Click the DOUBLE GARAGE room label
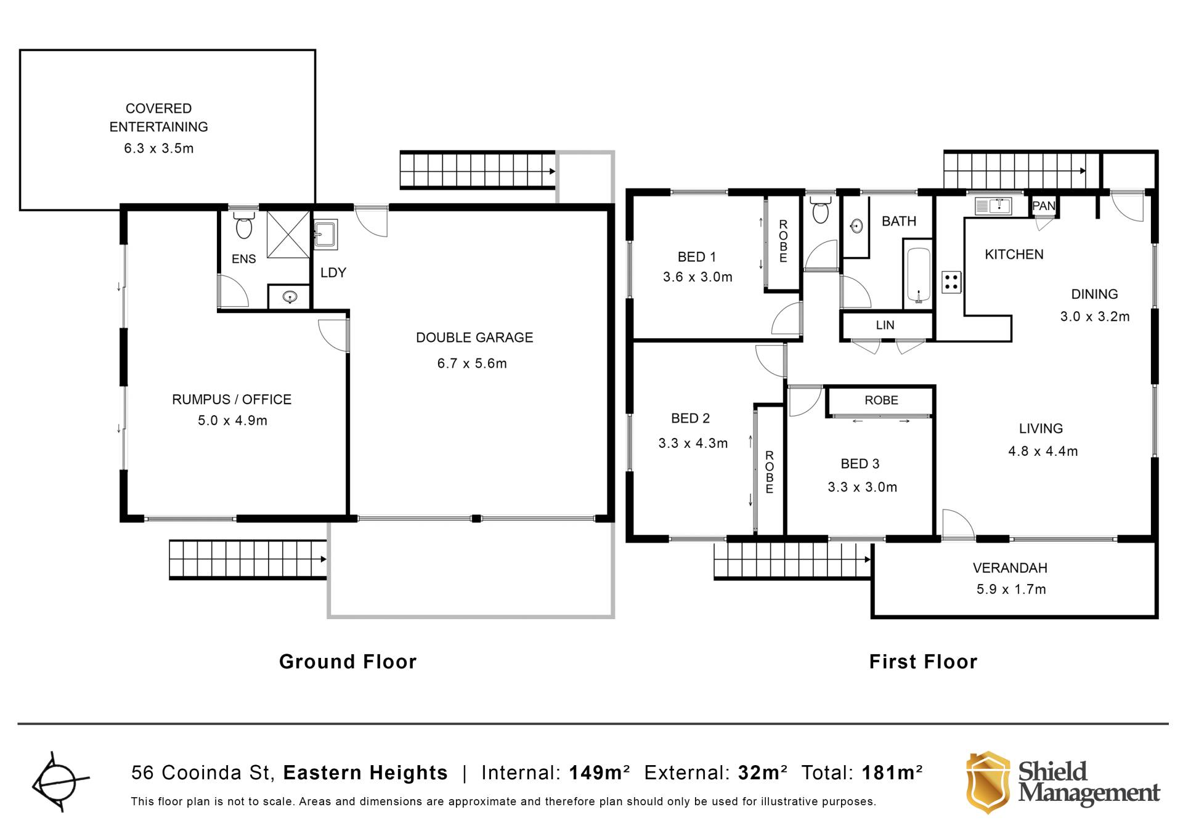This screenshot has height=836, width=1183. pyautogui.click(x=474, y=338)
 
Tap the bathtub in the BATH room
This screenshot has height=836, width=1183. pyautogui.click(x=918, y=275)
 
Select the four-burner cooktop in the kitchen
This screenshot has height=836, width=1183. pyautogui.click(x=951, y=282)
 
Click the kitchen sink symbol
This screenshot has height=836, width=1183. pyautogui.click(x=993, y=206)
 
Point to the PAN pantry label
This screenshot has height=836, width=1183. pyautogui.click(x=1044, y=206)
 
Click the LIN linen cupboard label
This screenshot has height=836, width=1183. pyautogui.click(x=885, y=325)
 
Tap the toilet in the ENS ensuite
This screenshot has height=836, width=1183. pyautogui.click(x=244, y=225)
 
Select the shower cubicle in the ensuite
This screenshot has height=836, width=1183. pyautogui.click(x=288, y=234)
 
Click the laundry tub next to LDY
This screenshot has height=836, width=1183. pyautogui.click(x=325, y=235)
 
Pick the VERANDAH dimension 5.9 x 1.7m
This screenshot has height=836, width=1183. pyautogui.click(x=1011, y=590)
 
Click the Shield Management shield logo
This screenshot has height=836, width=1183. pyautogui.click(x=988, y=782)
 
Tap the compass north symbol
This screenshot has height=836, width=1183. pyautogui.click(x=59, y=782)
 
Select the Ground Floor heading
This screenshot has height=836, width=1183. pyautogui.click(x=348, y=662)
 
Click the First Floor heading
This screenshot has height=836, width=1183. pyautogui.click(x=923, y=662)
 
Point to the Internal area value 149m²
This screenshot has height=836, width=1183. pyautogui.click(x=599, y=773)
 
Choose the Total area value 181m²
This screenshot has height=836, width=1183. pyautogui.click(x=892, y=773)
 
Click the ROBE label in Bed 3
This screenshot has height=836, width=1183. pyautogui.click(x=881, y=400)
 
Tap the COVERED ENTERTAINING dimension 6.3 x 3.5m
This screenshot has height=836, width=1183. pyautogui.click(x=159, y=148)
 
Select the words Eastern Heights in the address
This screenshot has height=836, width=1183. pyautogui.click(x=365, y=773)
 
